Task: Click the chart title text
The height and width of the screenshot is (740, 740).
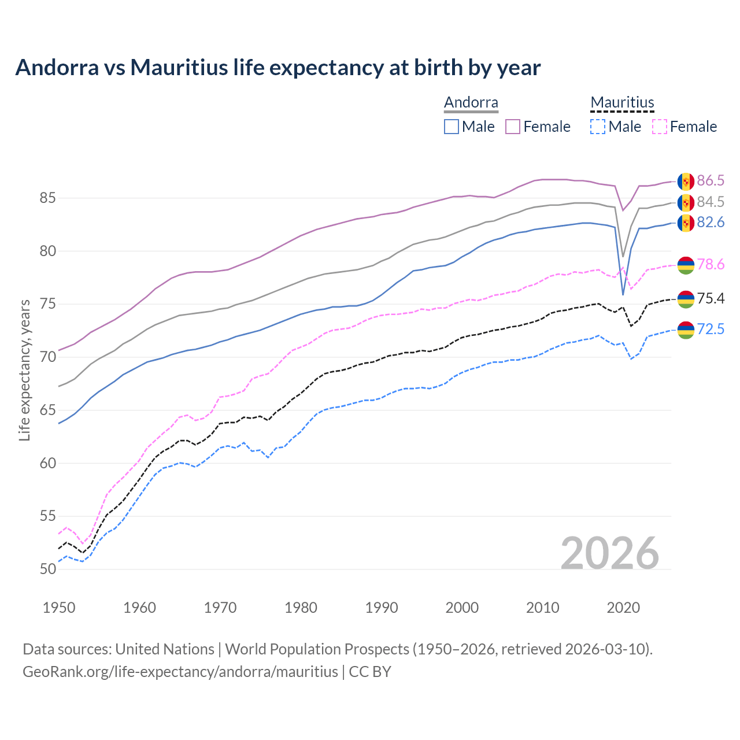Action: coord(278,68)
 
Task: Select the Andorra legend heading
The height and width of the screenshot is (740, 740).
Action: coord(471,102)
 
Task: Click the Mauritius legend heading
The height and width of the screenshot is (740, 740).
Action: coord(622,102)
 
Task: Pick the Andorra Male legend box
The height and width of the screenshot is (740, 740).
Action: coord(452,127)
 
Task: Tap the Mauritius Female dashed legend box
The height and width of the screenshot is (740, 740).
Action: coord(659,127)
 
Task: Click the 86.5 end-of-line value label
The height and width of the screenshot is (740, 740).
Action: coord(711,181)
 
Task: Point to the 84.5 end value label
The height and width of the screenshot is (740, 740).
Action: coord(711,202)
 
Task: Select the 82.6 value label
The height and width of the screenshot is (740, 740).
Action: coord(711,223)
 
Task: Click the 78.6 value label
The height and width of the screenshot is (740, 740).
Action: coord(711,265)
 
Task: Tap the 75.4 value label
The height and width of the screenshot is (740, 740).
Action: coord(711,298)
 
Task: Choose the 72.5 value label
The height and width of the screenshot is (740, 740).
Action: coord(711,330)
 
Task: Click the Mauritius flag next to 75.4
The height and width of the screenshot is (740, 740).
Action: coord(686,299)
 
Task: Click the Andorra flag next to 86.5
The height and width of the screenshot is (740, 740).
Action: coord(686,181)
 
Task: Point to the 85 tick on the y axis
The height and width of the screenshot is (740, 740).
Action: coord(47,198)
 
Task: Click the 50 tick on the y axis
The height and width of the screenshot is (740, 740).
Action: coord(47,569)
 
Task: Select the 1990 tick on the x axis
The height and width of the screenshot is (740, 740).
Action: coord(382,608)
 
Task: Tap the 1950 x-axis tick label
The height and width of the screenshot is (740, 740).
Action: coord(59,608)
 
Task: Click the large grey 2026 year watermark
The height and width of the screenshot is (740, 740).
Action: coord(609,553)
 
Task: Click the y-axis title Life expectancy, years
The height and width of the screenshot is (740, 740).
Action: coord(24,370)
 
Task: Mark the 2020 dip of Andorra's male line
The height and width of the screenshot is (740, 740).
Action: coord(623,295)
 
